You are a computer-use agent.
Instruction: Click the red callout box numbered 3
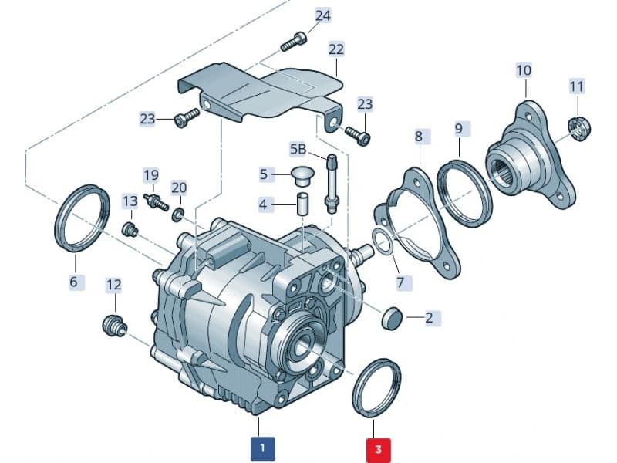coord(378,447)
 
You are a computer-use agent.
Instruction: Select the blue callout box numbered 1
coord(262,447)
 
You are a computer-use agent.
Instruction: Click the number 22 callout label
coord(335,49)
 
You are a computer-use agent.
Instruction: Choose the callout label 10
coord(524,70)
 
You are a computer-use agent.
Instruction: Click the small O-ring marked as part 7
coord(382,242)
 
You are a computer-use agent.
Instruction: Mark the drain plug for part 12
coord(114,324)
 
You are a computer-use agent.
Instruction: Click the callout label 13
coord(130,201)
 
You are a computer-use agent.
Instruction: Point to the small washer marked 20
coord(178,212)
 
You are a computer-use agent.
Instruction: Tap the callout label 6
coord(73,282)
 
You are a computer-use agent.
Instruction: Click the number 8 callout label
coord(419,137)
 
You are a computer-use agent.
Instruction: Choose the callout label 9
coord(458,127)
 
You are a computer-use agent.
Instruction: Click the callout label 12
coord(113,285)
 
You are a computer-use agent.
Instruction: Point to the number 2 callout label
coord(429,317)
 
